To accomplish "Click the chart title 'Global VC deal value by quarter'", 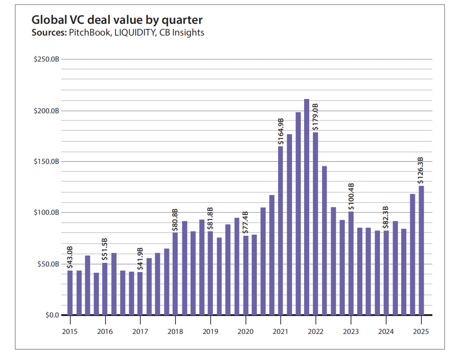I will (x=117, y=20).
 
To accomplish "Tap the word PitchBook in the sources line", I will (x=88, y=33).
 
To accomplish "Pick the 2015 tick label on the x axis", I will (x=70, y=332).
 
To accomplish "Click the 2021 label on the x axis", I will (x=280, y=332).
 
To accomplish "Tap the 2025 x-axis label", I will (x=421, y=332).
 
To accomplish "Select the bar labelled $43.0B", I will (x=70, y=293).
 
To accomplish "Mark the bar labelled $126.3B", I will (x=421, y=250).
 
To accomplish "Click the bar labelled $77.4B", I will (x=245, y=275).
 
